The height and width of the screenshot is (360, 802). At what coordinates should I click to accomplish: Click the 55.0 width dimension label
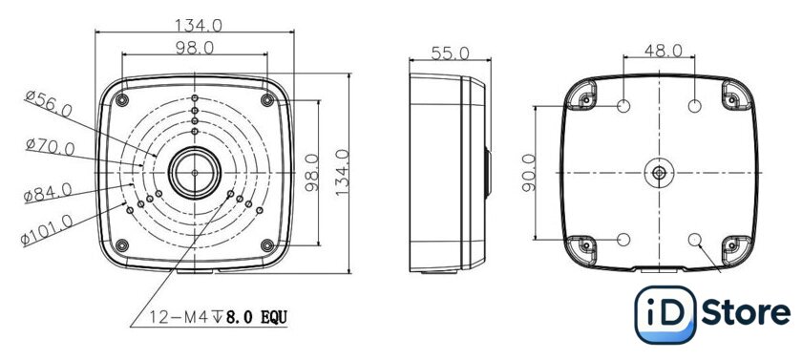pos(450,53)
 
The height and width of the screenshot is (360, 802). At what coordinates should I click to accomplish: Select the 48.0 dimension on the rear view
pos(663,50)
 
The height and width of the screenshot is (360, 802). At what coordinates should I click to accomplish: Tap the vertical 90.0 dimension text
pos(529,172)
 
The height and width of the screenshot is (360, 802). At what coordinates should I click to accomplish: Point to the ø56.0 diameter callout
pos(49,103)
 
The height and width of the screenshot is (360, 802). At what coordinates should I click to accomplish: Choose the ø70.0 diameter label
pos(50,147)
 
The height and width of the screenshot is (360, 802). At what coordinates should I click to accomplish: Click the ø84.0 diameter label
pos(48,192)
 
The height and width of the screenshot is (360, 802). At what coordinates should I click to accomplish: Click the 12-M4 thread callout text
pos(219,318)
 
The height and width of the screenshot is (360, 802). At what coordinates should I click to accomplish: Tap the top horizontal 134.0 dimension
pos(199,26)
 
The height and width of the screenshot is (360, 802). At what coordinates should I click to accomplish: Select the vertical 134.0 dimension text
pos(342,172)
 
